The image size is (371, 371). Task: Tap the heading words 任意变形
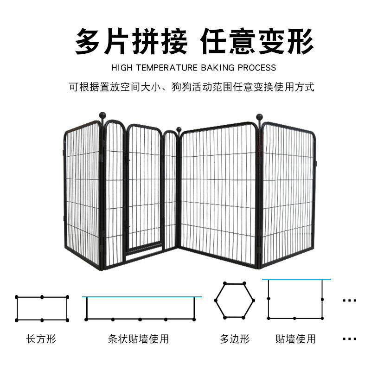point(257,42)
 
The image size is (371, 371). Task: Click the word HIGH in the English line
point(122,68)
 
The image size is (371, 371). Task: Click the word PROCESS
point(256,68)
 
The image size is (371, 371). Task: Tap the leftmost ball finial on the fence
point(102,115)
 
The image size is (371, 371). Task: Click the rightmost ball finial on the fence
point(260,117)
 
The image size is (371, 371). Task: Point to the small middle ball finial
point(179,129)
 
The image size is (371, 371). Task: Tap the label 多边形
point(235,339)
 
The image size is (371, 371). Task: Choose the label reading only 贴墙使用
point(295,339)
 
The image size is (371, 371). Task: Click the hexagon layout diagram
point(235,300)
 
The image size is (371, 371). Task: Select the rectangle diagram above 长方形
point(42,308)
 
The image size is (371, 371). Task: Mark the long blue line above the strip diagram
point(142,296)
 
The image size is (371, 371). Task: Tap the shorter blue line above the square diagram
point(296,280)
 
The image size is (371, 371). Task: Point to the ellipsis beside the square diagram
point(349,300)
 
